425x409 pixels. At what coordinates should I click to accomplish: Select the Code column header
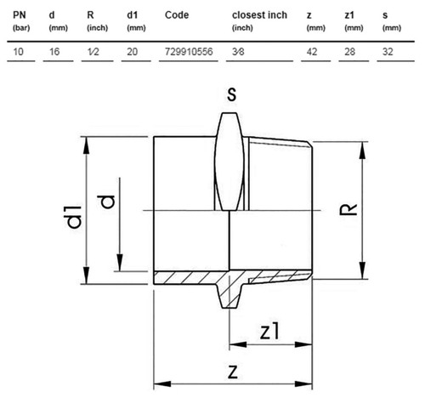click(177, 15)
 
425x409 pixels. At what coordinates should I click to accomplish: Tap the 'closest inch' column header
click(259, 15)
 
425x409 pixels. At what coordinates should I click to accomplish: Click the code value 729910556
click(189, 52)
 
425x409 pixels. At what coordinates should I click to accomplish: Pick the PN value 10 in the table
click(18, 52)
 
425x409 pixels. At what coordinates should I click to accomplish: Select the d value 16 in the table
click(54, 52)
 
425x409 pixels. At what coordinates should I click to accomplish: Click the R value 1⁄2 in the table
click(93, 52)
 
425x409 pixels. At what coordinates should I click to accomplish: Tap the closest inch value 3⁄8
click(238, 52)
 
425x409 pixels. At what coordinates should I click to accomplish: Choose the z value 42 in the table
click(312, 52)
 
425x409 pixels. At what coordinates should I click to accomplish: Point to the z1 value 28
click(349, 52)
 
